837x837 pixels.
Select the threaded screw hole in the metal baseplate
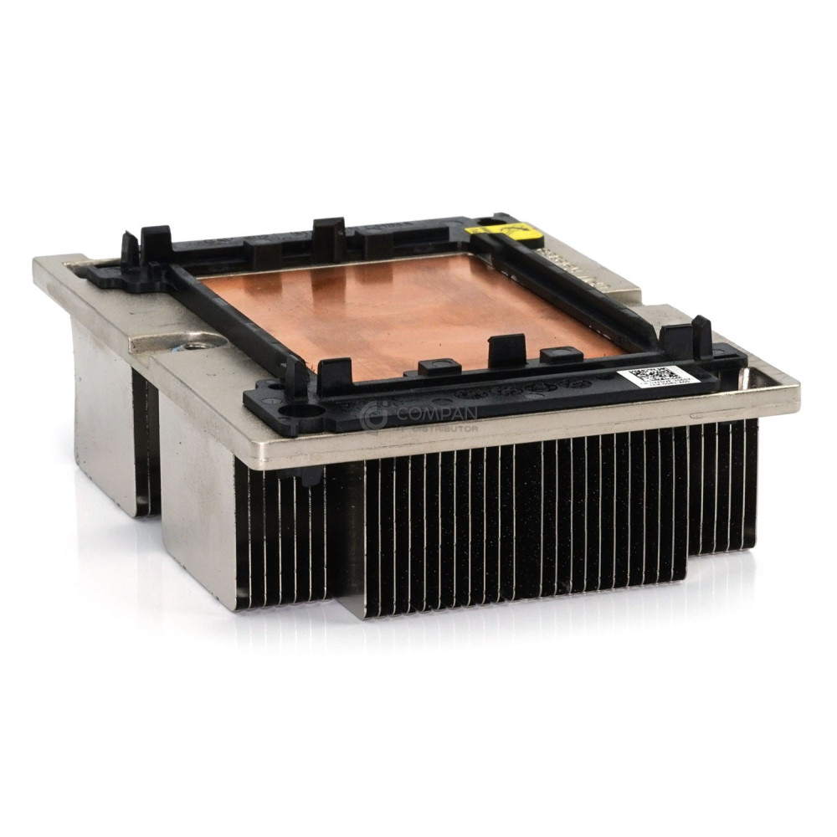pyautogui.click(x=197, y=344)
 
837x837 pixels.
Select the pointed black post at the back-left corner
pyautogui.click(x=129, y=249)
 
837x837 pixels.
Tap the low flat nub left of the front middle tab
pyautogui.click(x=439, y=366)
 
